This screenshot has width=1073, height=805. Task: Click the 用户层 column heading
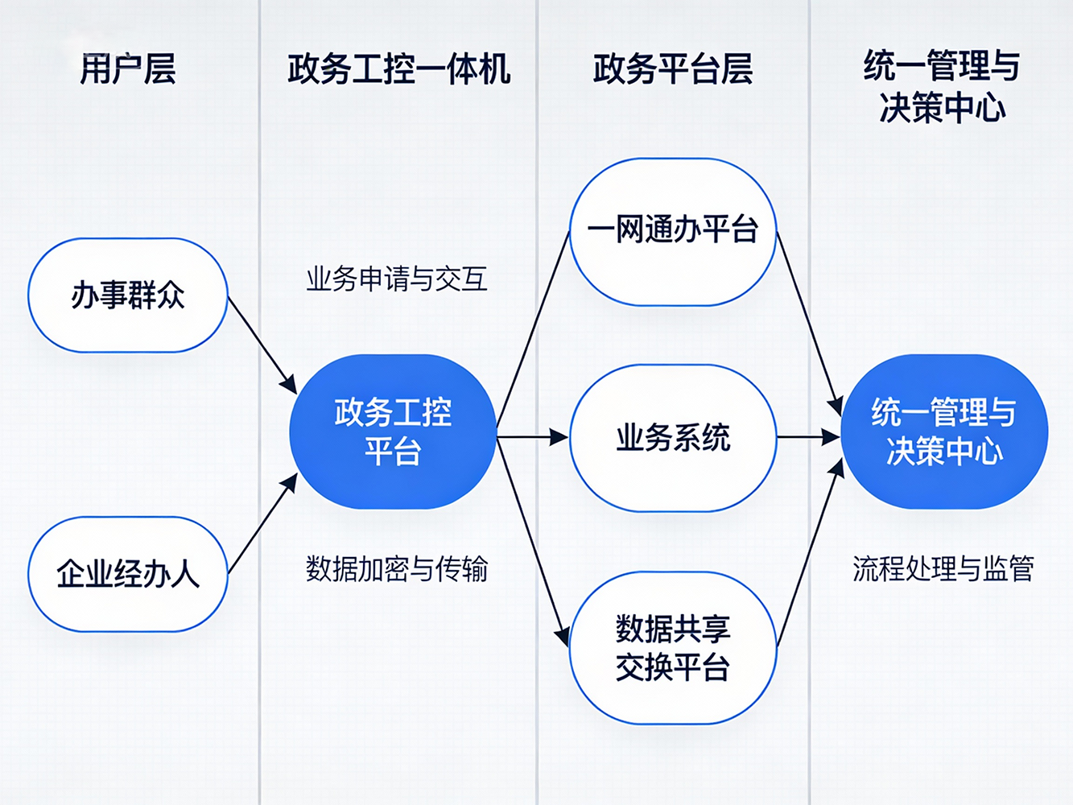point(127,68)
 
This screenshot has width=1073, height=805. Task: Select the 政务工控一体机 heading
point(398,69)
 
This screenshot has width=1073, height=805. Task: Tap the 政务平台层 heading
point(672,69)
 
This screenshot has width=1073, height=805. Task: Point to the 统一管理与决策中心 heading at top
point(942,87)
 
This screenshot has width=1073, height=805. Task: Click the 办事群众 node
point(128,295)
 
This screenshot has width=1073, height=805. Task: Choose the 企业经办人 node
point(128,574)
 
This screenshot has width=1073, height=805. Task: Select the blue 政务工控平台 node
point(393,431)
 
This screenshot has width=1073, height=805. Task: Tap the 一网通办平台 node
point(673,232)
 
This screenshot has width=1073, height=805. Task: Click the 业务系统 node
point(673,438)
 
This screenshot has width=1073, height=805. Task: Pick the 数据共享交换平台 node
point(673,647)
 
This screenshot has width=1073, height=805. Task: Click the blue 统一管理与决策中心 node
point(944,431)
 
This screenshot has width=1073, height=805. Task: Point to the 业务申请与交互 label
point(396,279)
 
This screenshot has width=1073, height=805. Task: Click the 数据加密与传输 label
point(396,569)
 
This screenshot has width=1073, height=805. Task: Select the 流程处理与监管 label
point(943,569)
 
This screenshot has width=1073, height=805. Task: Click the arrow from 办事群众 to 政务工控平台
point(262,345)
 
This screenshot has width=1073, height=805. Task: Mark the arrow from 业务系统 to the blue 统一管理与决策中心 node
point(808,437)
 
